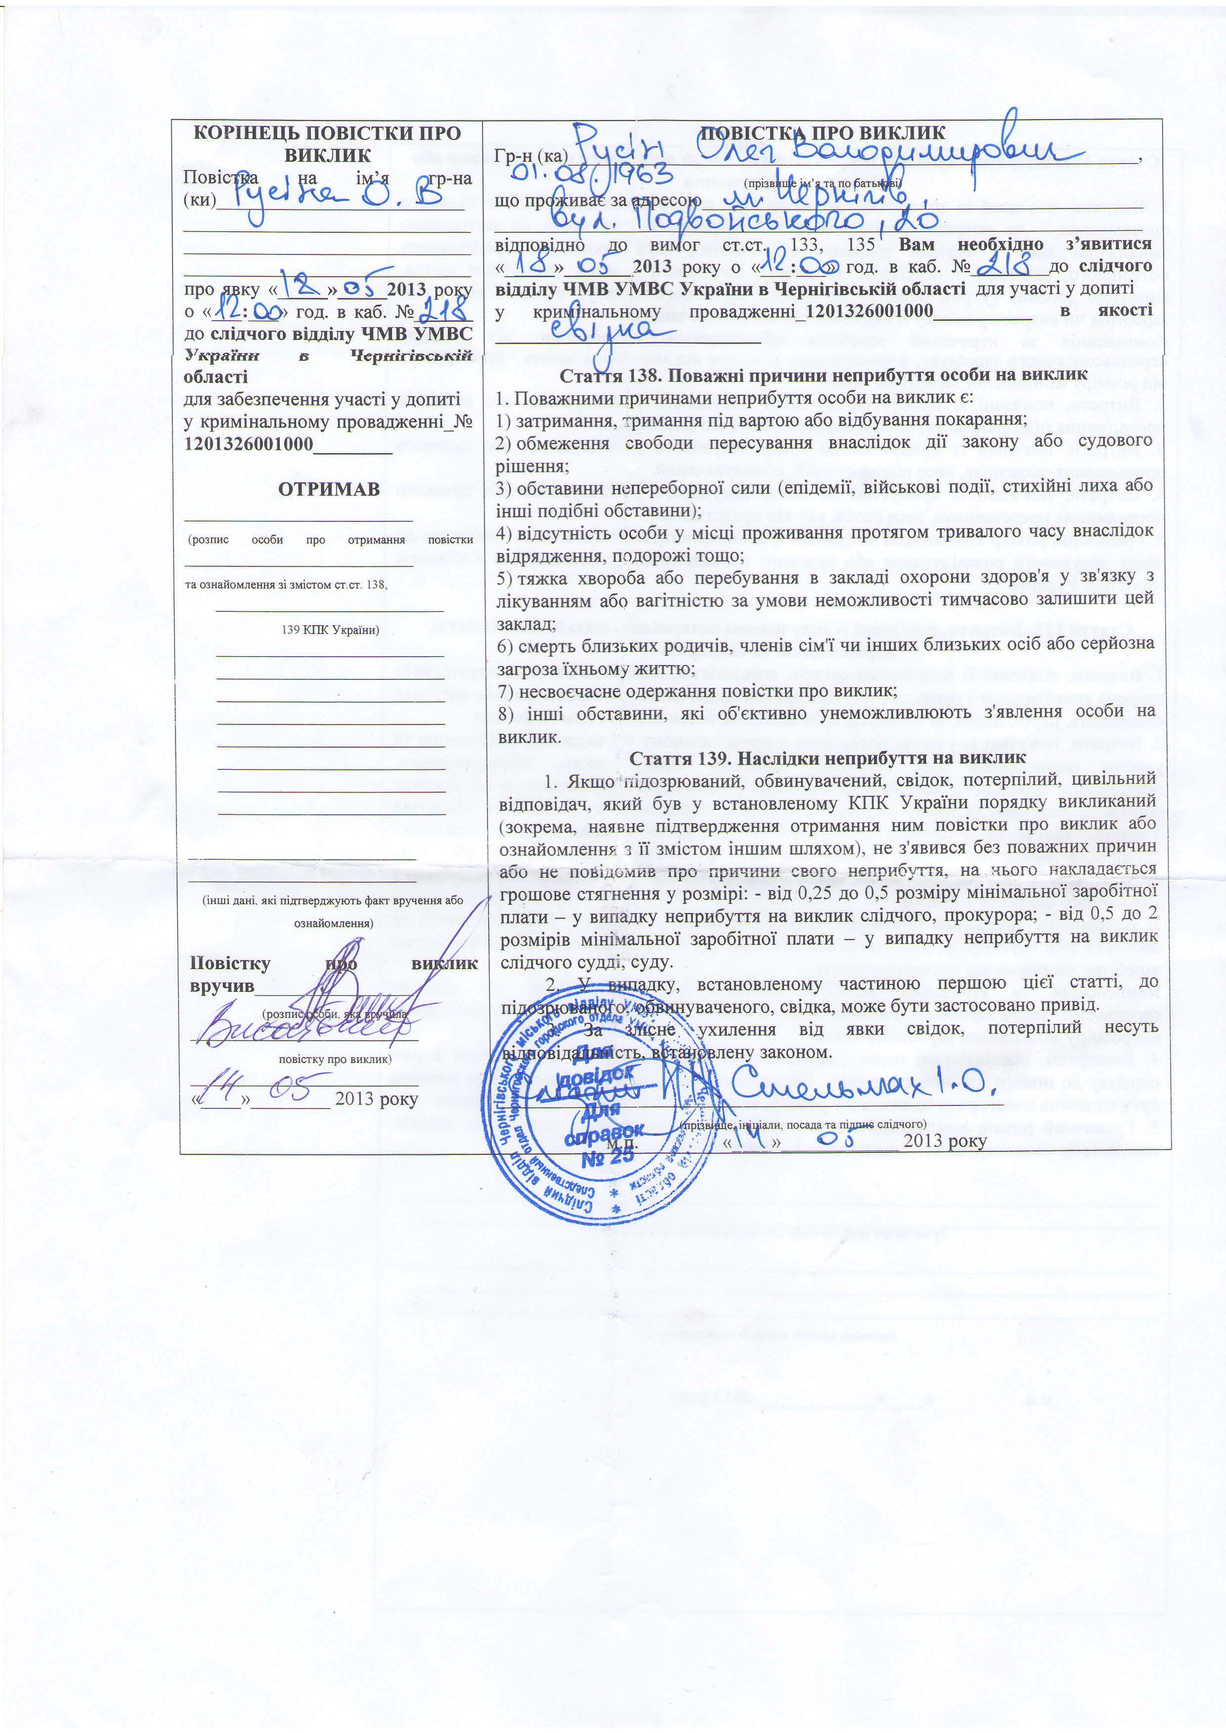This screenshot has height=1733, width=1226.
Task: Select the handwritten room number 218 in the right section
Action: [1004, 264]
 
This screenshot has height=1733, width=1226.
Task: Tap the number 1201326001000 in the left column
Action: [248, 444]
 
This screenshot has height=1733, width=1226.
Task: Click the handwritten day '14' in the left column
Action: [221, 1093]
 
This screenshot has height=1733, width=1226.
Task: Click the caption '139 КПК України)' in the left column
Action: [329, 630]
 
